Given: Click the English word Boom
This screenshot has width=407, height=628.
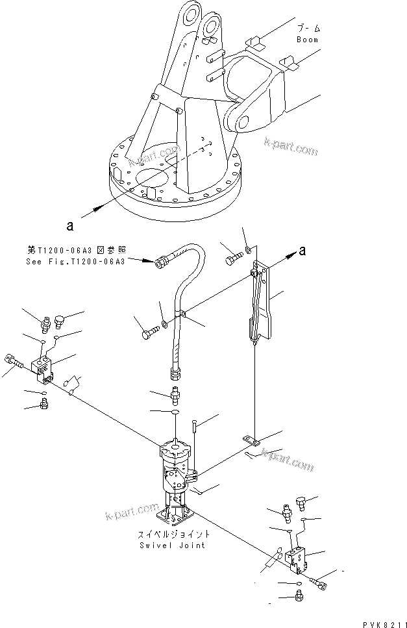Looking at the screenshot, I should pos(308,40).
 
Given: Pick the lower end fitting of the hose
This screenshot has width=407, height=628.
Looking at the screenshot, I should pos(176,372).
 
